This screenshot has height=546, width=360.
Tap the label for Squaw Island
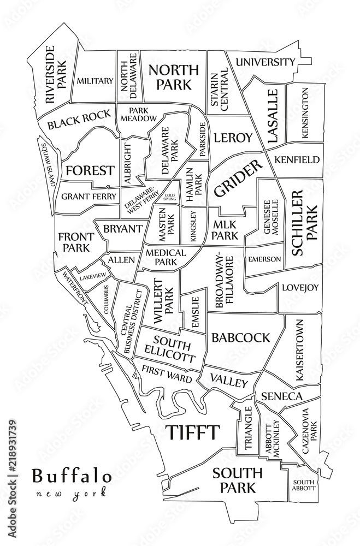point(46,162)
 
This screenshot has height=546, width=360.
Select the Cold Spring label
point(169,197)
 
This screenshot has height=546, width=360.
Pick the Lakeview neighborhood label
point(92,277)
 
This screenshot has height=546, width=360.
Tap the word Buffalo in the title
point(72,476)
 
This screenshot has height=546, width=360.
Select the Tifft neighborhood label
point(192,432)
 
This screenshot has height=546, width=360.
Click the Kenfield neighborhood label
point(297,160)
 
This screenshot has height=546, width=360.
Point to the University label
point(265,62)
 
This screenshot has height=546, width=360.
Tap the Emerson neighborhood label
point(264,259)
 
